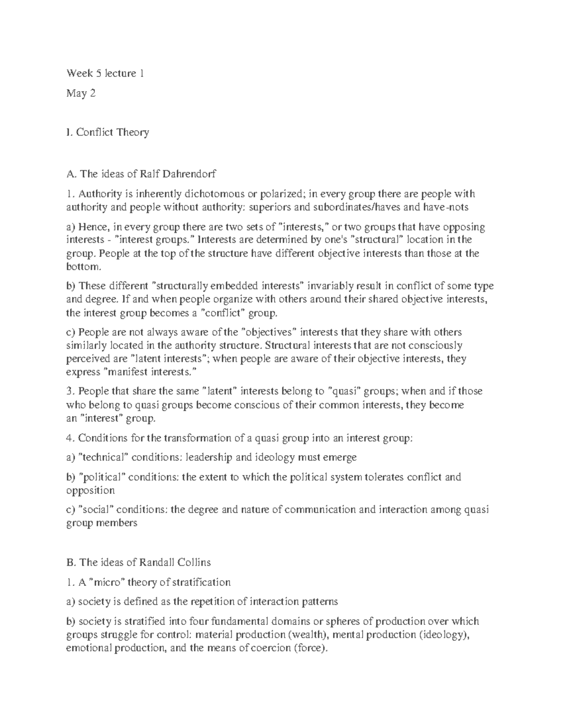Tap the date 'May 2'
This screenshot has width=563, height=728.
point(81,94)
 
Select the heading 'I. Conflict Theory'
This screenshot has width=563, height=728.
point(107,132)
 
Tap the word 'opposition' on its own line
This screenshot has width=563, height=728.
point(90,490)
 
